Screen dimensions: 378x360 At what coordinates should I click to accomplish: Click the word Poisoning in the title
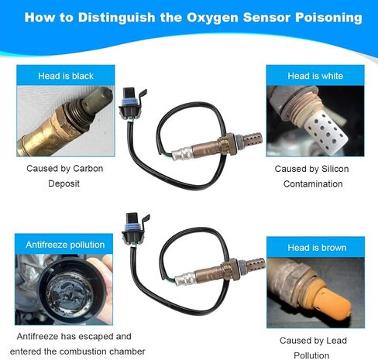[328, 18]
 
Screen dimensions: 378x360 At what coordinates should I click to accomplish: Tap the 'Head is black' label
[66, 76]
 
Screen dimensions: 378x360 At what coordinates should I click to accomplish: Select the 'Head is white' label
[315, 76]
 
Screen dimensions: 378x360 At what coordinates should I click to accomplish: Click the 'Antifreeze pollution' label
[65, 245]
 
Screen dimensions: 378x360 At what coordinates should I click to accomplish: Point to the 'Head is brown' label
[317, 248]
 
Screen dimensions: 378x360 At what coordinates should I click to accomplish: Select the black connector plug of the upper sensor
[131, 103]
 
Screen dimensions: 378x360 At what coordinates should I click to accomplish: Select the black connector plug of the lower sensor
[134, 228]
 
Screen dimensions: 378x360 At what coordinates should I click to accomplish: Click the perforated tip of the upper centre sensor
[253, 139]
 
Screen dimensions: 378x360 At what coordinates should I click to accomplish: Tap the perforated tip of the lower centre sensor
[256, 265]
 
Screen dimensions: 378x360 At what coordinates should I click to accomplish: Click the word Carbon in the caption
[88, 169]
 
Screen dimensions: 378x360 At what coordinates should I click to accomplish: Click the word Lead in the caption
[336, 341]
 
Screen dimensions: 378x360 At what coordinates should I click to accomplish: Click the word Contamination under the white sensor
[313, 183]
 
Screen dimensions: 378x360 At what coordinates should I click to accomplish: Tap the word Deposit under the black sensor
[64, 183]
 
